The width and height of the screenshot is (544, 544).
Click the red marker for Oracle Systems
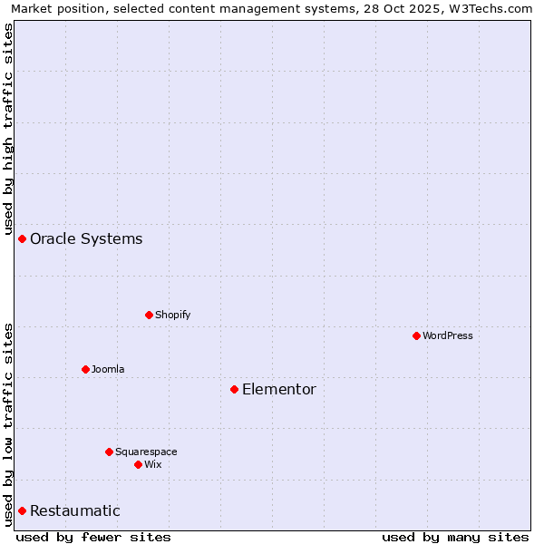(x=22, y=238)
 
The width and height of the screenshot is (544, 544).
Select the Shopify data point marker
(x=149, y=315)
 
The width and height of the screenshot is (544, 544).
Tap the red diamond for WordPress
(x=416, y=335)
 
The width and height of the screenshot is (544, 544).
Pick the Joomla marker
(x=85, y=369)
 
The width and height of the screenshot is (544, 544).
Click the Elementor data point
(x=234, y=389)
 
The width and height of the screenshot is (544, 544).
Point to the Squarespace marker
(x=109, y=452)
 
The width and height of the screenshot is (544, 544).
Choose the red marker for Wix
(x=138, y=464)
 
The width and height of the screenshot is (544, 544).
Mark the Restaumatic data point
(x=22, y=510)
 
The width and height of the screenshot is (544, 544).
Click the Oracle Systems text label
(x=86, y=239)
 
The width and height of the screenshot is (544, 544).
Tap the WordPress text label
(x=448, y=335)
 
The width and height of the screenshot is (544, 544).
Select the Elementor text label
(x=278, y=390)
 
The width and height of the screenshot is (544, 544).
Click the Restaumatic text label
(x=74, y=511)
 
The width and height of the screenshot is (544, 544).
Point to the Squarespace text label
(x=146, y=452)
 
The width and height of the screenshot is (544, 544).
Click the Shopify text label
(x=172, y=315)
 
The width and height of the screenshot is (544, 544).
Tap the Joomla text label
(x=108, y=369)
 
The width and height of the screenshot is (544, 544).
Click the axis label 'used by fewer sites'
(x=93, y=537)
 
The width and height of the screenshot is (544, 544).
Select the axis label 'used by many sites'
(x=455, y=537)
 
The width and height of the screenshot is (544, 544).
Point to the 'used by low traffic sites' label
(x=8, y=423)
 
